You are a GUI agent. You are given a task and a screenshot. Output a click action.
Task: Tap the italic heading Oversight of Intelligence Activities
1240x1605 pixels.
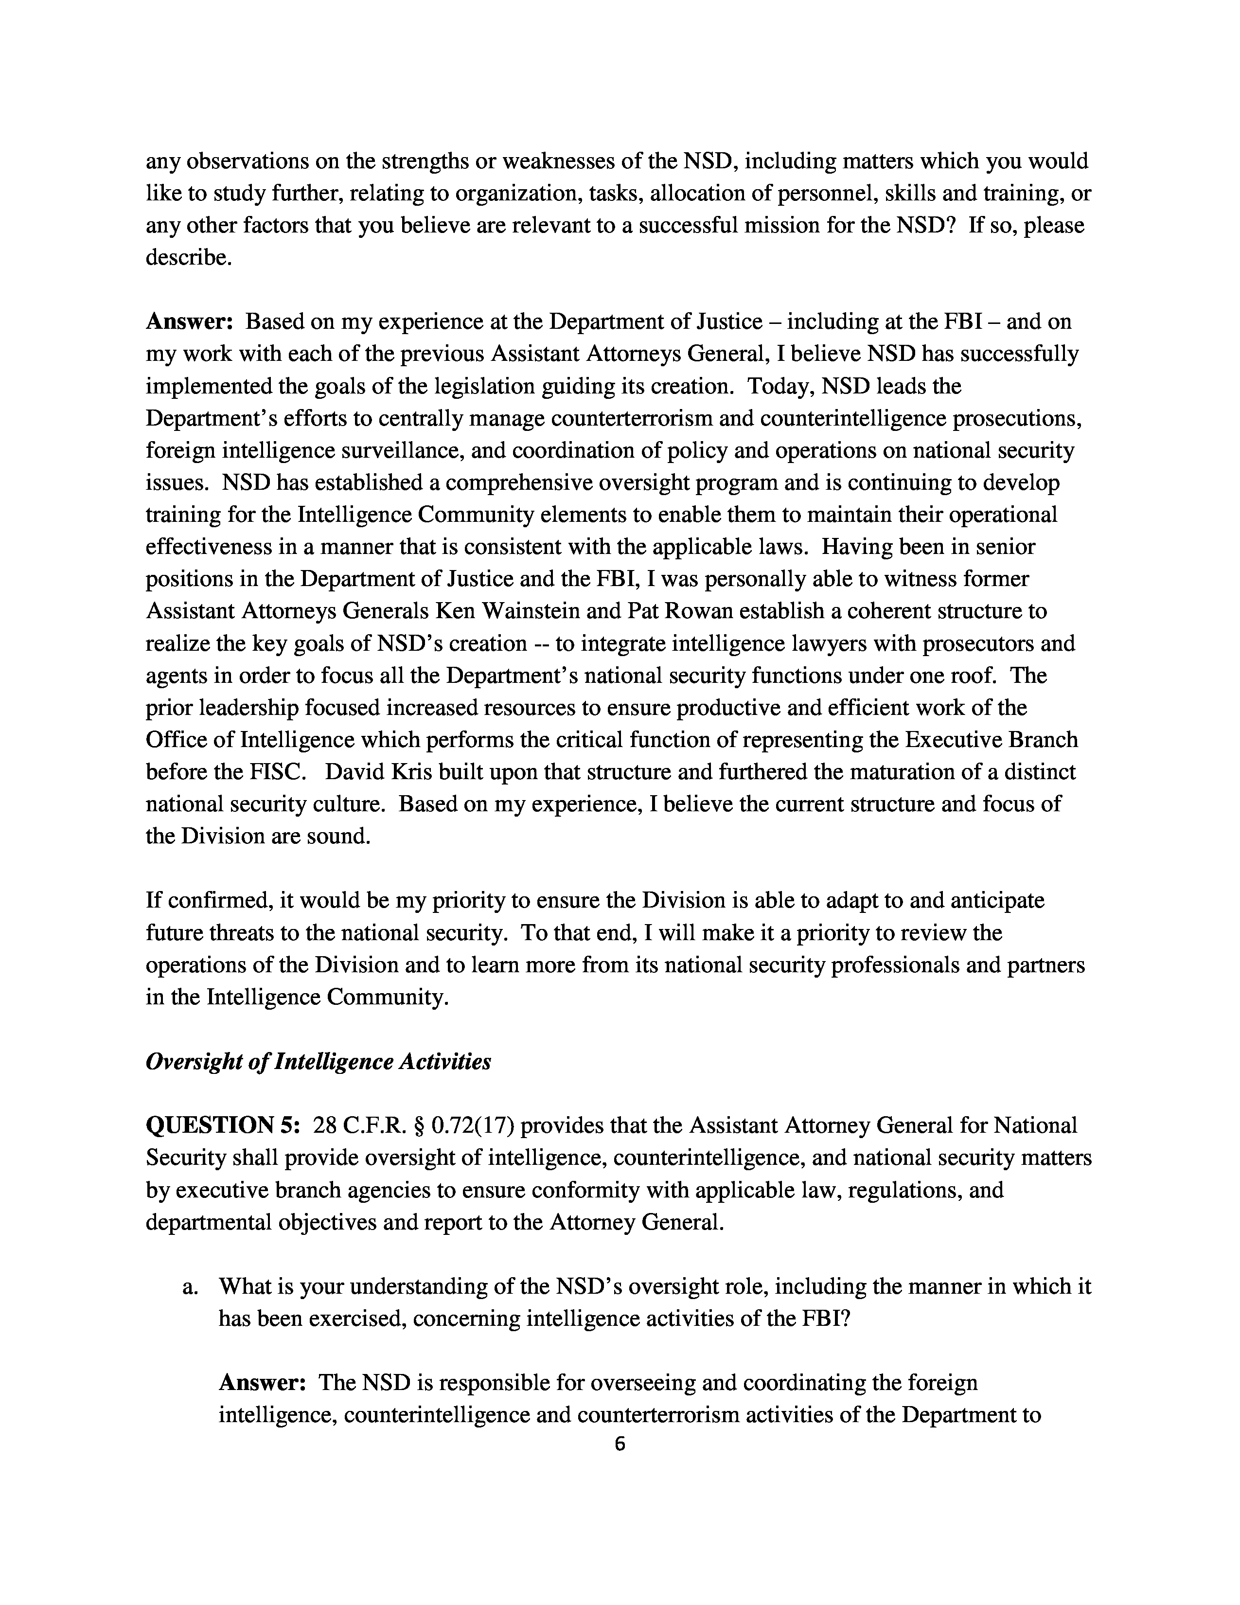[318, 1061]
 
